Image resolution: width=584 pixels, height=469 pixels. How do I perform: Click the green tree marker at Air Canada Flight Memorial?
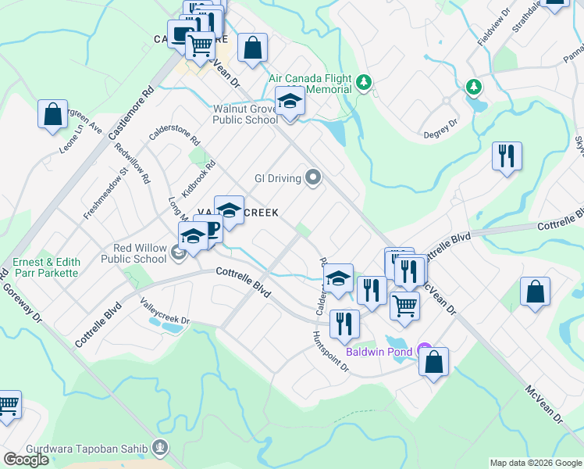pos(363,81)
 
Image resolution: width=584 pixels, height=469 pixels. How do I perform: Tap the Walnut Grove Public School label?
pos(246,114)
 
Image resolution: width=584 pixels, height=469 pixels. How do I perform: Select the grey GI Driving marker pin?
pos(313,178)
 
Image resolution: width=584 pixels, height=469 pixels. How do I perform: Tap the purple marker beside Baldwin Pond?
pos(424,349)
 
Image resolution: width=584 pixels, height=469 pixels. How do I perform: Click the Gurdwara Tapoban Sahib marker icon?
pos(161,448)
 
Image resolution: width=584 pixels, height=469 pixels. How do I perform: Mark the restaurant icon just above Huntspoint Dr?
pos(344,323)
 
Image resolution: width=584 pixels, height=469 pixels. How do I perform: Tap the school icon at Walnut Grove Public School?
pos(290,102)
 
